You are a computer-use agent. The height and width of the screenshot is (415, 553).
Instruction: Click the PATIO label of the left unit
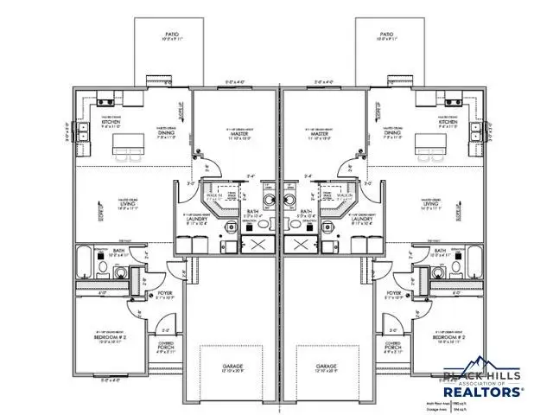point(169,35)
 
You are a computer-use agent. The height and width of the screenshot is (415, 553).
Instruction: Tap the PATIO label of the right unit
point(385,35)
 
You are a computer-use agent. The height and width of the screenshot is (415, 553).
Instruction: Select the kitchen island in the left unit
point(133,142)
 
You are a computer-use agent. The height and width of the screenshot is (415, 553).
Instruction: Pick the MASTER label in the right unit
point(319,135)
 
